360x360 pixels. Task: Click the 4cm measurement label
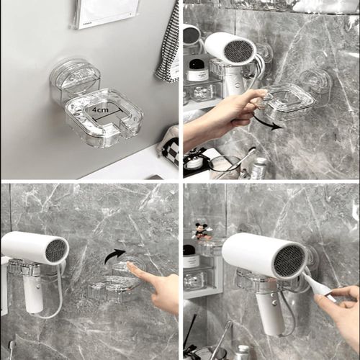pyautogui.click(x=99, y=110)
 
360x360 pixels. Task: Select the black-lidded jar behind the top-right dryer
pyautogui.click(x=198, y=70)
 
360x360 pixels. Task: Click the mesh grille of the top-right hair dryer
pyautogui.click(x=239, y=50)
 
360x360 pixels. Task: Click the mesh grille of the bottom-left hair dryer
pyautogui.click(x=55, y=251)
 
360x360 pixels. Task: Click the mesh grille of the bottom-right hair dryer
pyautogui.click(x=288, y=261)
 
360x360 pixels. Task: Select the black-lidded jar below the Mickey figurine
pyautogui.click(x=191, y=256)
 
